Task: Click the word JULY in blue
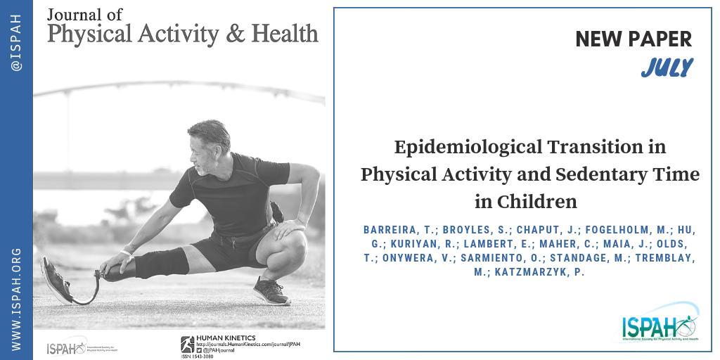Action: pos(667,68)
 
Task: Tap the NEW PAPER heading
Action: pos(634,40)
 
